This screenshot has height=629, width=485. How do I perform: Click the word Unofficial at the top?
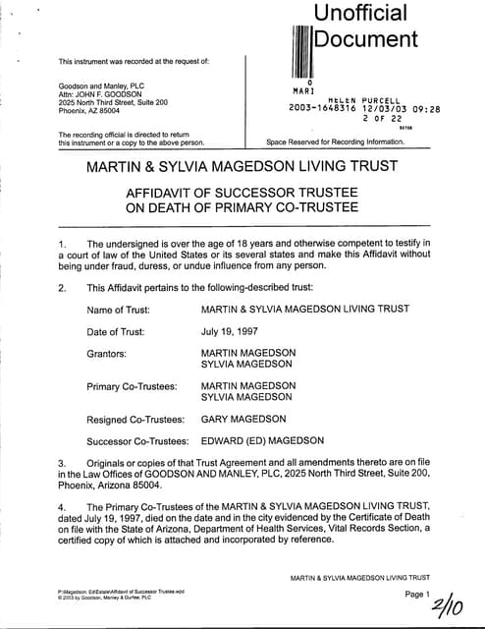360,14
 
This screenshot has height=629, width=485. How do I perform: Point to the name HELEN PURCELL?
350,99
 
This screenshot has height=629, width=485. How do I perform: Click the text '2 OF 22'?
383,118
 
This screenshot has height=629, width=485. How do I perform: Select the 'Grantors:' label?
111,352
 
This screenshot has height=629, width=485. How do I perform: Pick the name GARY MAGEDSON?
247,419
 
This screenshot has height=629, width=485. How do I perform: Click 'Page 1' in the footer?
417,595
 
